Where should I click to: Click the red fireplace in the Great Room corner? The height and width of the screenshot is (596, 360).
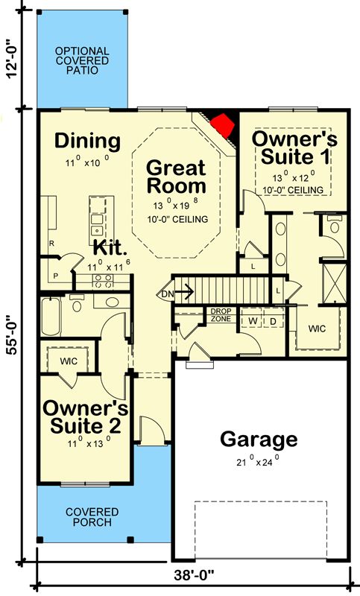(222, 124)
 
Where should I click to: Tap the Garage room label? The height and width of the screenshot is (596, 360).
(259, 439)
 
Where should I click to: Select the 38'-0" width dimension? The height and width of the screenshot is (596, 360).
(194, 575)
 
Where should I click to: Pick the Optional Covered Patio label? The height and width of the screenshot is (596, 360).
(82, 61)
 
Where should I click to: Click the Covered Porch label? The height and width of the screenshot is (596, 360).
(92, 517)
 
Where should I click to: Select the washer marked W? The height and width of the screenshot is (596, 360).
(253, 321)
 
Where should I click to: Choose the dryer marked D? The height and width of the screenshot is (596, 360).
(273, 321)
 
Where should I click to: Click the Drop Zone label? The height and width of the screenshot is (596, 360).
(221, 315)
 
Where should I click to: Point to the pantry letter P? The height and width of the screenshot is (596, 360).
(55, 276)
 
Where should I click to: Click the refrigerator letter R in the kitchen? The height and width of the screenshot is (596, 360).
(51, 244)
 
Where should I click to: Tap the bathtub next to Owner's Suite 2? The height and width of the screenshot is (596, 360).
(51, 317)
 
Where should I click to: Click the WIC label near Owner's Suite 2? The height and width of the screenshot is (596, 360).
(69, 361)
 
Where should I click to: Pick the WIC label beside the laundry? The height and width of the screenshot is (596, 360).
(317, 329)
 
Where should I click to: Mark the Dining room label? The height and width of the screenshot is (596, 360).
(87, 141)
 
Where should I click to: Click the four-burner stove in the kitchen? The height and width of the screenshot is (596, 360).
(103, 281)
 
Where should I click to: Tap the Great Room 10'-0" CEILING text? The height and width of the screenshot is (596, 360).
(177, 219)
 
